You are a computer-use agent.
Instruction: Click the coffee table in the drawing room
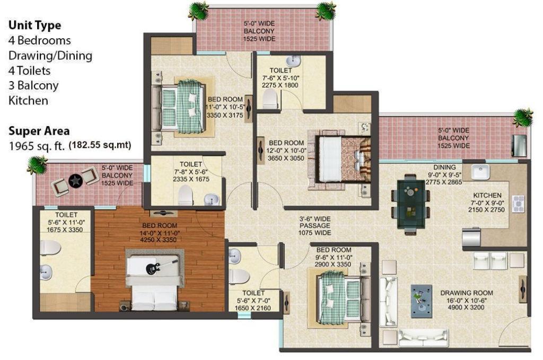tap(422, 301)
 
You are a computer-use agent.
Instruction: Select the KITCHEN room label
tap(487, 195)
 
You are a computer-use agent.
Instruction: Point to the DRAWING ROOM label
tap(467, 293)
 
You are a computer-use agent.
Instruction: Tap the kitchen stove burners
tap(519, 204)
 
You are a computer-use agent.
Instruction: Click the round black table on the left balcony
tap(75, 181)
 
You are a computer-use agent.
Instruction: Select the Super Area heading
tap(39, 131)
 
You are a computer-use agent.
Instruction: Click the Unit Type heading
tap(34, 25)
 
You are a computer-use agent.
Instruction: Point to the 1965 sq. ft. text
tap(37, 146)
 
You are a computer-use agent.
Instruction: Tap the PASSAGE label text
tap(315, 226)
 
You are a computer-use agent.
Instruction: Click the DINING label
tap(444, 167)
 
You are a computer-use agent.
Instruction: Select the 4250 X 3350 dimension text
tap(158, 240)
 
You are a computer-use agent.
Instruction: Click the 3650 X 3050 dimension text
tap(286, 158)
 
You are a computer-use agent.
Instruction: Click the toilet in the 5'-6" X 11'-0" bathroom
tap(50, 248)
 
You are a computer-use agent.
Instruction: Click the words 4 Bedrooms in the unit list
tap(39, 40)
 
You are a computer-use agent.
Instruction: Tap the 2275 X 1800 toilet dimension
tap(280, 85)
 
